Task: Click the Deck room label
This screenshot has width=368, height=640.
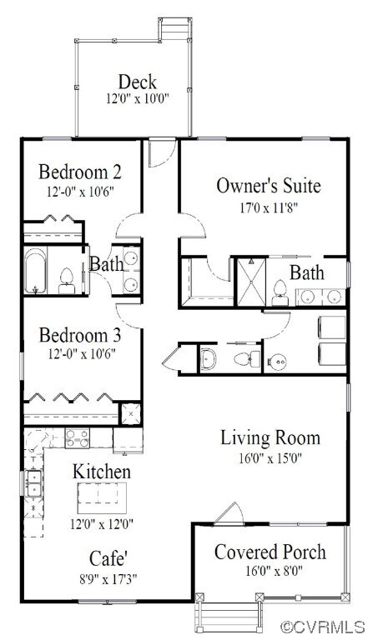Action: (x=138, y=82)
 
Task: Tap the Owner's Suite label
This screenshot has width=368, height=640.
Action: (x=268, y=186)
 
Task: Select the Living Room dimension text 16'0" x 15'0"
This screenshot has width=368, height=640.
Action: (x=270, y=458)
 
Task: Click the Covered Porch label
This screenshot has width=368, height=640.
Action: (x=270, y=552)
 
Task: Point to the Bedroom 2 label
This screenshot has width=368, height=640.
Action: (x=80, y=172)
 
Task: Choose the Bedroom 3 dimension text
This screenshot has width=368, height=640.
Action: (x=80, y=353)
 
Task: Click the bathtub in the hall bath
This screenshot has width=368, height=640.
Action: (x=35, y=271)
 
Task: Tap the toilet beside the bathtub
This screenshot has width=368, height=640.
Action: (x=67, y=281)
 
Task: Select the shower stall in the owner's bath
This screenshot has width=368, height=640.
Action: (x=251, y=282)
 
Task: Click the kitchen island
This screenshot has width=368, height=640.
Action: (x=102, y=498)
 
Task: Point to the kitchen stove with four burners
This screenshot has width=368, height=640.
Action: (x=78, y=438)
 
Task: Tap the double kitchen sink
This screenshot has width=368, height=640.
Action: (x=33, y=483)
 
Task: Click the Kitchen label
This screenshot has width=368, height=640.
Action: (x=102, y=472)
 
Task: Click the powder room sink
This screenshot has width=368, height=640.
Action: (x=208, y=358)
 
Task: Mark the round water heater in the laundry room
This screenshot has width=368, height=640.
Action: (x=277, y=361)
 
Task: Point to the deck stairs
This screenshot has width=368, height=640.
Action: (x=175, y=28)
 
